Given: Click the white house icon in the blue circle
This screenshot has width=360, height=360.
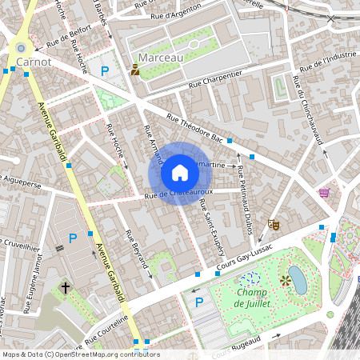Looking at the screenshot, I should [x=180, y=173].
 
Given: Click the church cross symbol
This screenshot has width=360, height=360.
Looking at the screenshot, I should [x=66, y=286].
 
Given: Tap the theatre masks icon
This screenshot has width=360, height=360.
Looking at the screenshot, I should [x=274, y=226].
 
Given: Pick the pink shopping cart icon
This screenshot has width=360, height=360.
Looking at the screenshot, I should [x=324, y=193].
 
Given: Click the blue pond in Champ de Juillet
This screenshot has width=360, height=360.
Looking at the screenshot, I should [x=297, y=280].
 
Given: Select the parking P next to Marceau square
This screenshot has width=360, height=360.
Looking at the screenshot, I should [x=105, y=71].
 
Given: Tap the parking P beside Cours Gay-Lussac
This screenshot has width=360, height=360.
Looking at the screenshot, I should [x=198, y=302].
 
